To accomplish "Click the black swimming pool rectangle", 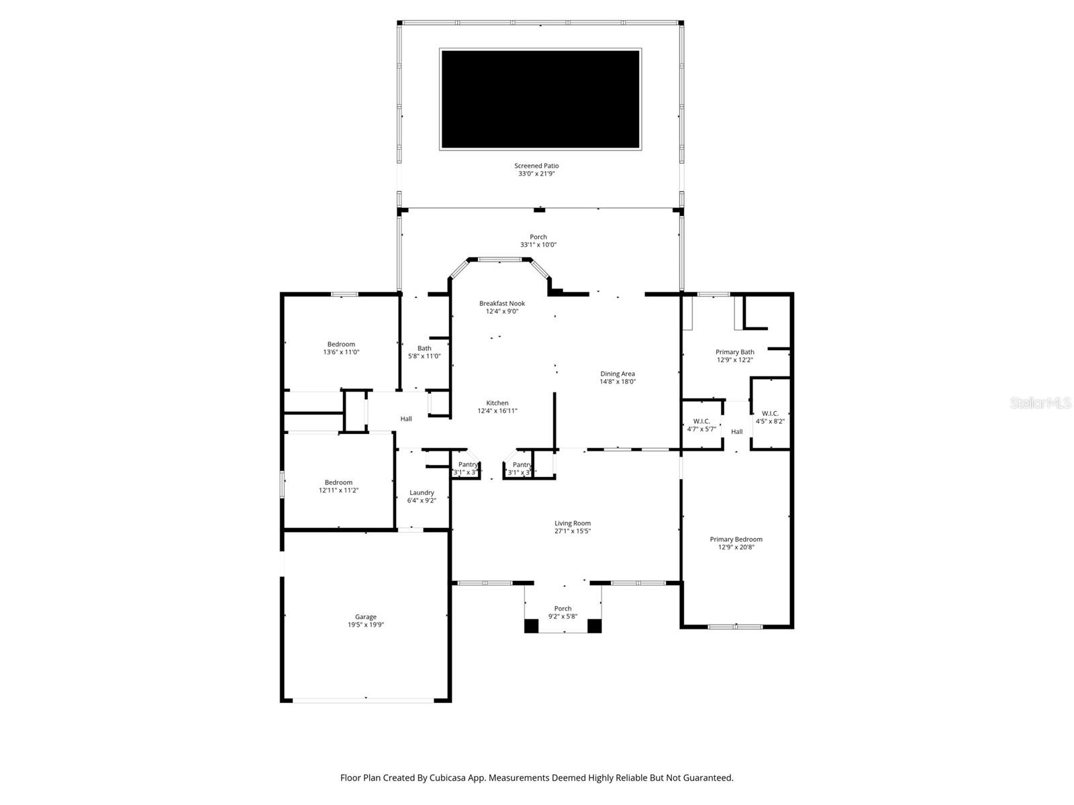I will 540,99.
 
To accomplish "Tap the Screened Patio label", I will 536,166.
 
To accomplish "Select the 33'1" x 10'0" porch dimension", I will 538,245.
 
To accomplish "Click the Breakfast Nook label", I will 502,303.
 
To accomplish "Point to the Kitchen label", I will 497,403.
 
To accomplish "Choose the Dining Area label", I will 618,374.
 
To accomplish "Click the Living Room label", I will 573,523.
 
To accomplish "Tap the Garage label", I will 366,616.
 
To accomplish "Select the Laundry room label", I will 422,492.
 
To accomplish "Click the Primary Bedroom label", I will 736,539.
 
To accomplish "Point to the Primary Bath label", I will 735,352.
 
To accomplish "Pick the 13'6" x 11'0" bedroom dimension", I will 342,352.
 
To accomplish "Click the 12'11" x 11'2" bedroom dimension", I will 339,490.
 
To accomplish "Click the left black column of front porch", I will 531,626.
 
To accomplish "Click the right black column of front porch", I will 594,626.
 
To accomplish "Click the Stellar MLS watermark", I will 1040,402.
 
